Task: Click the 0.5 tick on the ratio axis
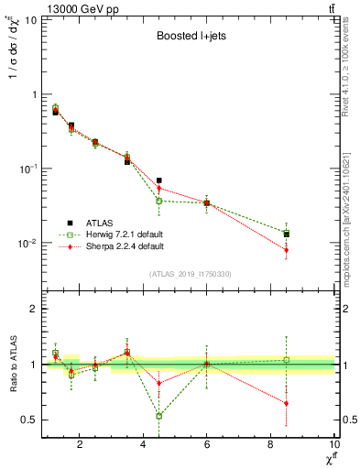point(29,420)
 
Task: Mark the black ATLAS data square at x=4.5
point(159,180)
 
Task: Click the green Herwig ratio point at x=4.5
point(159,416)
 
